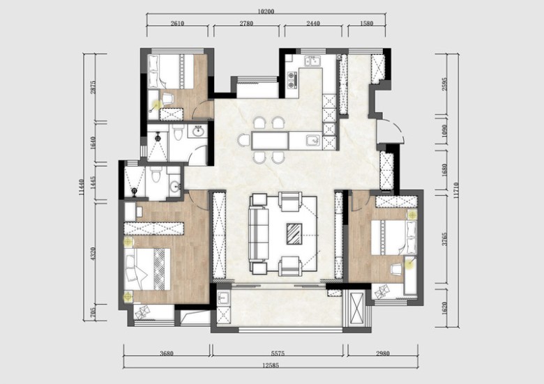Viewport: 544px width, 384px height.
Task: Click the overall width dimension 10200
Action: pos(266,11)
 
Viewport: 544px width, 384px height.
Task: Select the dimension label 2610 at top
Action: pos(177,24)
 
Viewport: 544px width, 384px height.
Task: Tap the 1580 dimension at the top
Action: pos(366,24)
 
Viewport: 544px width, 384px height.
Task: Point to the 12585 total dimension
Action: pos(271,365)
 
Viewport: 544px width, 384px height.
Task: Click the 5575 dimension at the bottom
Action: pos(278,353)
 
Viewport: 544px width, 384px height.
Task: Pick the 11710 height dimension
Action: pos(455,190)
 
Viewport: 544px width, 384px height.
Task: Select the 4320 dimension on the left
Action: pos(92,254)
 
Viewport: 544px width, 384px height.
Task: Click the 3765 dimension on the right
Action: pos(444,239)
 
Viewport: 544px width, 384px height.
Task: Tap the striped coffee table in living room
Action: pos(294,234)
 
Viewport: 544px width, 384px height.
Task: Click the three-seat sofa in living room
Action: pos(259,234)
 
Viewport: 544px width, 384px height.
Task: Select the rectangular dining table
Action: pos(271,140)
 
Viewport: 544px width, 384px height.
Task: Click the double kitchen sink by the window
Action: pos(312,61)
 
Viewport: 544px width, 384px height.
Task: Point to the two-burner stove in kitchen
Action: pos(292,79)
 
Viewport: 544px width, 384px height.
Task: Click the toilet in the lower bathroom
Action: pos(156,174)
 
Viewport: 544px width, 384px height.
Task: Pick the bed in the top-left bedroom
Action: pos(171,71)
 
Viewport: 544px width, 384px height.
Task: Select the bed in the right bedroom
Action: pos(394,238)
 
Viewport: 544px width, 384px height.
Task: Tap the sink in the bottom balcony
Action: pos(223,298)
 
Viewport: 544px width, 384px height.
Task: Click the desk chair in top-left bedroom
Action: pos(168,99)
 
